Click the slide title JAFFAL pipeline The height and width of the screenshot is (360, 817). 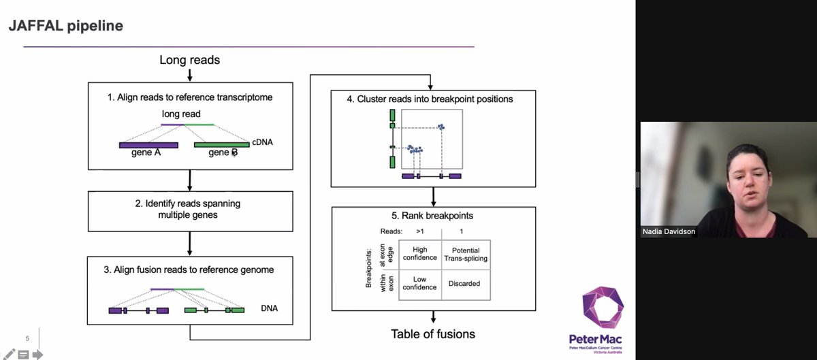(x=65, y=27)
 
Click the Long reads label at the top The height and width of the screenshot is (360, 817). (x=189, y=60)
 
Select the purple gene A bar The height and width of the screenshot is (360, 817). (x=148, y=145)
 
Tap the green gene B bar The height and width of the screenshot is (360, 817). (x=221, y=145)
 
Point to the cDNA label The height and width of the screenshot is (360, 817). (x=262, y=142)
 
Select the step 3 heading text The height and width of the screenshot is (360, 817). (x=189, y=269)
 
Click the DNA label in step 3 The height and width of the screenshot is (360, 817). (x=269, y=308)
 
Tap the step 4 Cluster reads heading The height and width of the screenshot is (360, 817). (x=430, y=99)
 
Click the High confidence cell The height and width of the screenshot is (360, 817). (x=420, y=255)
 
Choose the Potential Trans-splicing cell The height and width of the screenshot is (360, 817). (x=466, y=255)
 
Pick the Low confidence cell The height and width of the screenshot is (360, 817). (x=420, y=283)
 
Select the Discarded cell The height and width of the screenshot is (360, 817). (x=466, y=284)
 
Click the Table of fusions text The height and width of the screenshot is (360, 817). (x=433, y=333)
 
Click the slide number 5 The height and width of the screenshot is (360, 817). (x=27, y=338)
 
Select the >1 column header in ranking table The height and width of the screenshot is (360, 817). (x=419, y=231)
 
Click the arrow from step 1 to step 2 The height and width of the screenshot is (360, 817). (x=189, y=180)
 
